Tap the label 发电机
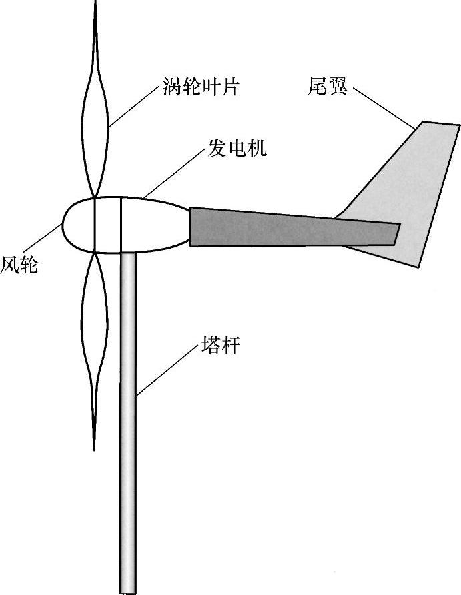[237, 149]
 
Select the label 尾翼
[328, 86]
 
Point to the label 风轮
[19, 265]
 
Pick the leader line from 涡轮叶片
[133, 107]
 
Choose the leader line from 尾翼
[383, 107]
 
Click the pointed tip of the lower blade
[95, 444]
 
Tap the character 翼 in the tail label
[338, 86]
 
